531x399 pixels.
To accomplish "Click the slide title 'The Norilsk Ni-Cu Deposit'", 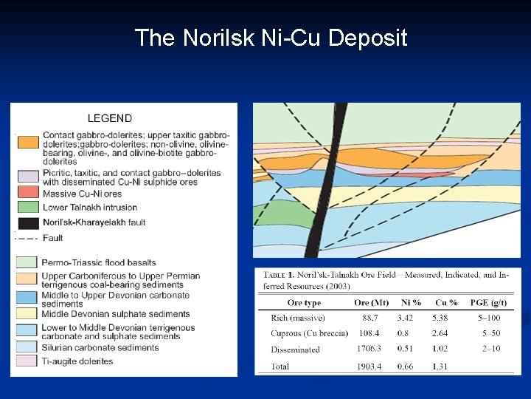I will point(271,38).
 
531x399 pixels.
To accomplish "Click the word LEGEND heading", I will point(110,117).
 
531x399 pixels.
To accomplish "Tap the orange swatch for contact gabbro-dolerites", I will point(28,142).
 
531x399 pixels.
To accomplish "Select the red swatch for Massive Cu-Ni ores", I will point(28,194).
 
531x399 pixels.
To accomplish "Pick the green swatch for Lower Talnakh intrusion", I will point(28,207).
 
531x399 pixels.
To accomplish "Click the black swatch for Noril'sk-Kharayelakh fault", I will point(28,222).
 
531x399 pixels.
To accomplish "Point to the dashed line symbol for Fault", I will point(28,238).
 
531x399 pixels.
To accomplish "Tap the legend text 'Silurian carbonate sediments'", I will point(100,348).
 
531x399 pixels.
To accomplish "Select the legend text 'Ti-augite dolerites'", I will point(78,361).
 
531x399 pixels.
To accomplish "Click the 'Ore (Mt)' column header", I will point(371,303).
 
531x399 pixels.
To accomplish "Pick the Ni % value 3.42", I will point(406,318).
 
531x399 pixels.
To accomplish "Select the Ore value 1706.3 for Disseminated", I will point(369,349).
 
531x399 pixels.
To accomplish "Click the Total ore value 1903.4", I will point(369,366).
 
